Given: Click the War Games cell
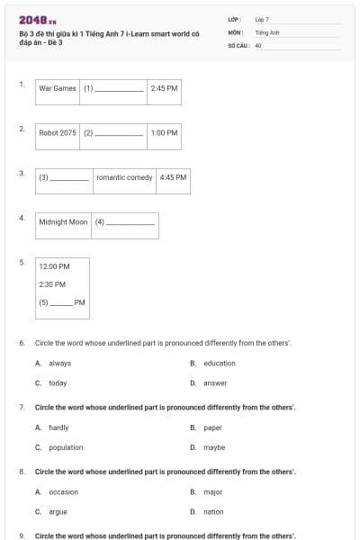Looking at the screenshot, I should (x=58, y=89).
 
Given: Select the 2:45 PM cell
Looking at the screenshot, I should (x=165, y=89).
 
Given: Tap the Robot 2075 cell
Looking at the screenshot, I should (x=58, y=133).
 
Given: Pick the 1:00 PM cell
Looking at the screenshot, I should (x=165, y=133).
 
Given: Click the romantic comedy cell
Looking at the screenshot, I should (x=124, y=177).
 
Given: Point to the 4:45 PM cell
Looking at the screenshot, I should (x=173, y=177).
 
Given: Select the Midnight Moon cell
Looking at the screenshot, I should (x=64, y=221).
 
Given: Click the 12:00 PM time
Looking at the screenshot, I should (x=54, y=266).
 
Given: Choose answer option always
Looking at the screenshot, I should (x=59, y=364).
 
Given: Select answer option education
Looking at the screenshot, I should (x=219, y=364).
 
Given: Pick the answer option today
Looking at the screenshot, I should (x=58, y=383).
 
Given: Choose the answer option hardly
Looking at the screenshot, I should (x=58, y=427).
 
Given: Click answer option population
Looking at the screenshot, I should (x=66, y=447).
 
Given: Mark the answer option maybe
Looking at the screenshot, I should (x=214, y=447).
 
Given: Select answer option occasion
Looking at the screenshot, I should (x=63, y=492).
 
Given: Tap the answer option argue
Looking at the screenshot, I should (x=58, y=511).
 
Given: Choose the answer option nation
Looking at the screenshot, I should (x=213, y=511).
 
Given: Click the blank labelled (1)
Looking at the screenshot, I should (x=119, y=89).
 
